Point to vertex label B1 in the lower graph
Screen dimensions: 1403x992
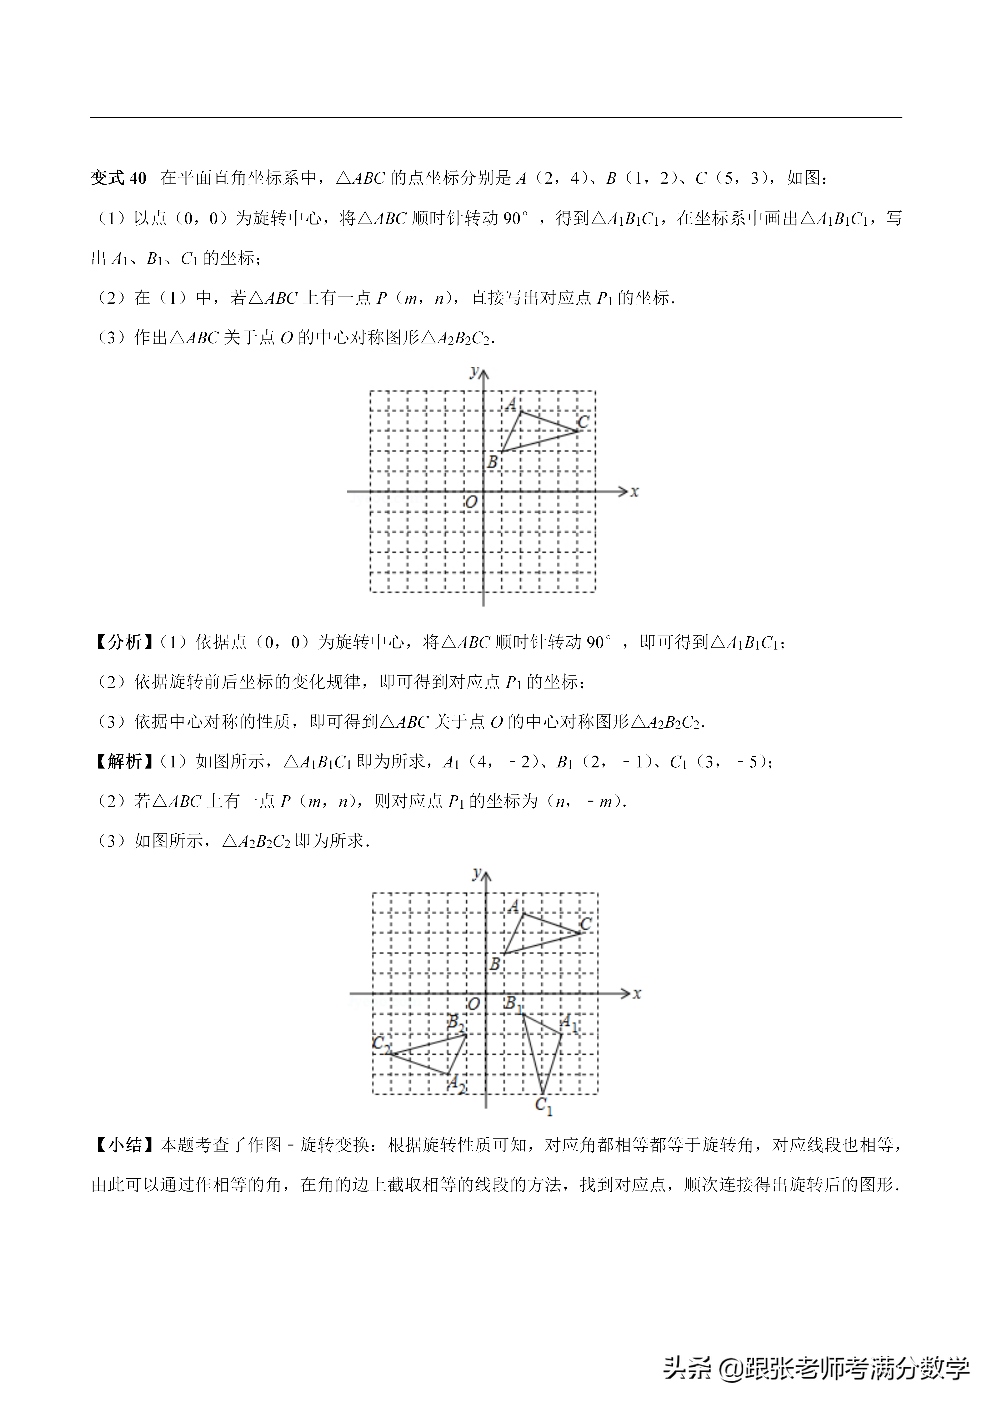pyautogui.click(x=512, y=1003)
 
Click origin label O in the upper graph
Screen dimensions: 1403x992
pyautogui.click(x=471, y=502)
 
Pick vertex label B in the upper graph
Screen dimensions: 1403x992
pyautogui.click(x=492, y=463)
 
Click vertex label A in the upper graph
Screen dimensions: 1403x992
pyautogui.click(x=512, y=404)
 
